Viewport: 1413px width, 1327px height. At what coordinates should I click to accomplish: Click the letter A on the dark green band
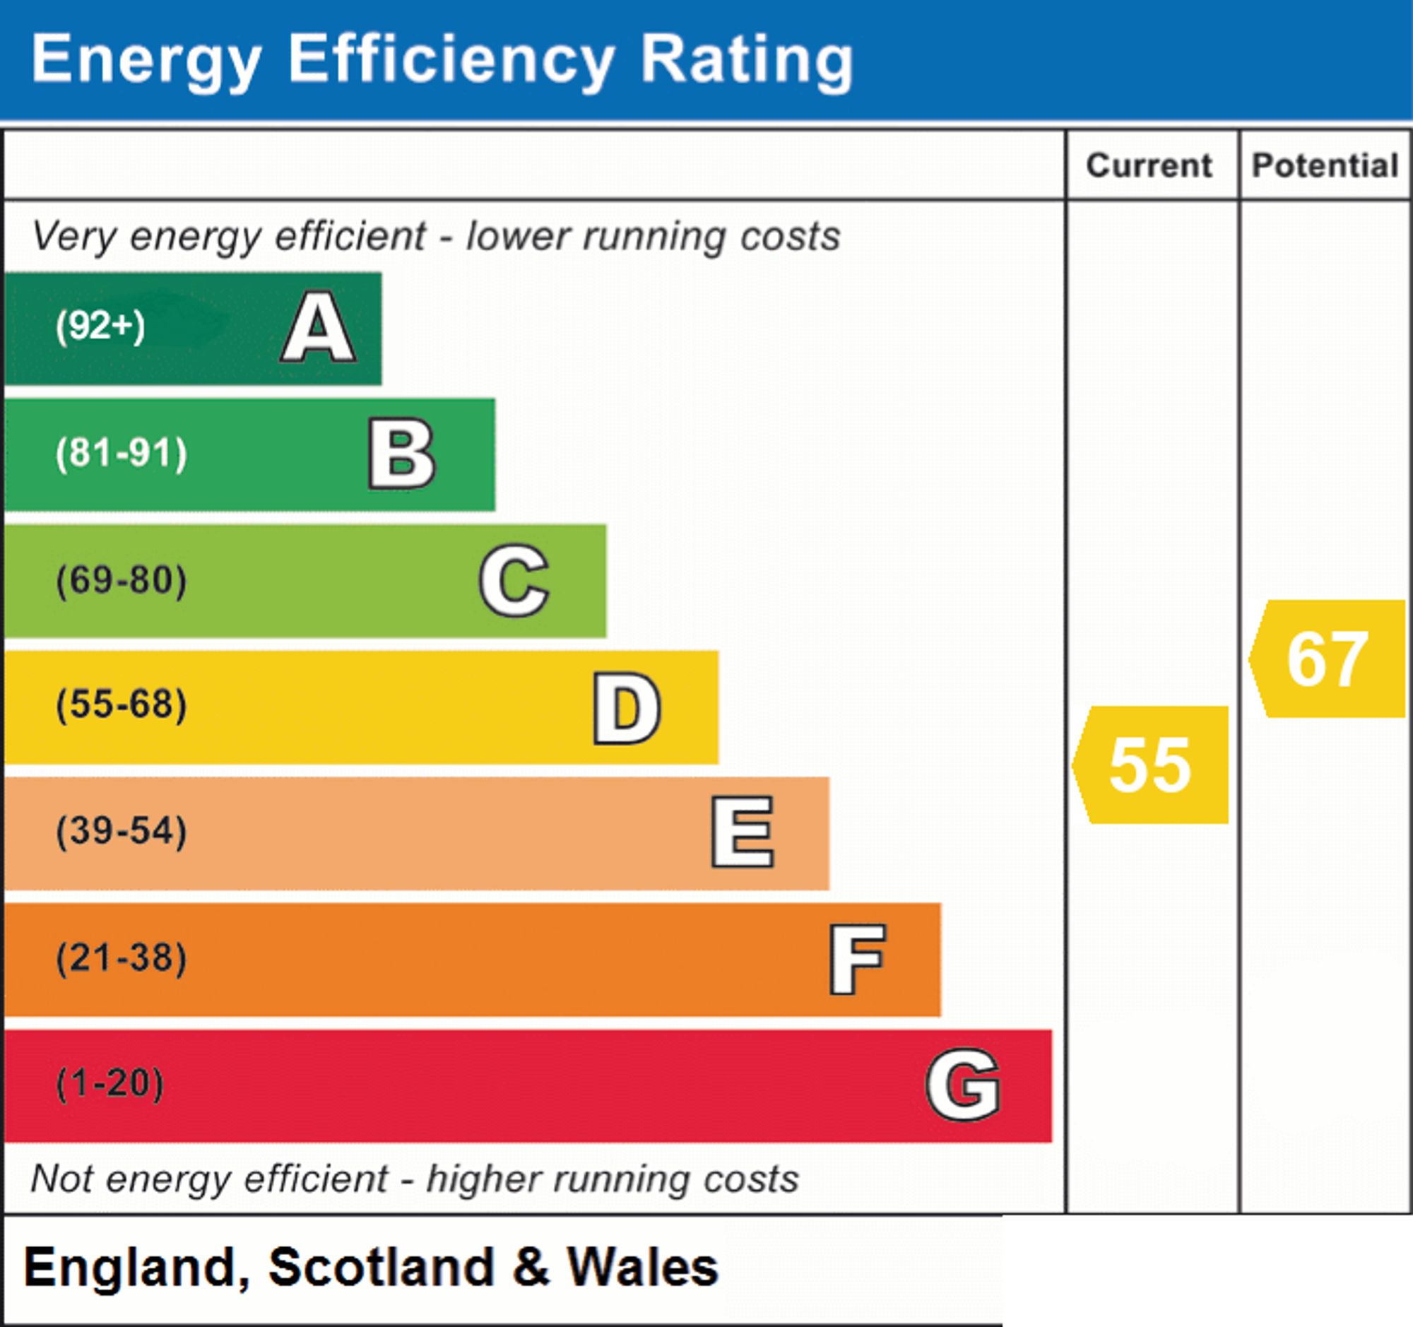tap(319, 327)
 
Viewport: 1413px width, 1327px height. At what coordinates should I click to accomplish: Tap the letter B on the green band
tap(401, 454)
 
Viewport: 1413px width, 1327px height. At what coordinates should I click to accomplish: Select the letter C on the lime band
tap(514, 580)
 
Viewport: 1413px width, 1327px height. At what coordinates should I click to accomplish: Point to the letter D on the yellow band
tap(627, 707)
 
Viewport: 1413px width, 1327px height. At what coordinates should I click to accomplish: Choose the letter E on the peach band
tap(742, 832)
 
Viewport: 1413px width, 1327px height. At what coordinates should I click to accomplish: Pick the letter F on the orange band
tap(857, 959)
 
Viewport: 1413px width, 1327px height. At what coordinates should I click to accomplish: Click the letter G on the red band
tap(963, 1085)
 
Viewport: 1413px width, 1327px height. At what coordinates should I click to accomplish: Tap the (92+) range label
tap(100, 326)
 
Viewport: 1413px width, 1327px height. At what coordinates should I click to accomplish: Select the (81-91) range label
tap(122, 454)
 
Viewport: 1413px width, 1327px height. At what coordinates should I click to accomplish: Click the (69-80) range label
tap(122, 580)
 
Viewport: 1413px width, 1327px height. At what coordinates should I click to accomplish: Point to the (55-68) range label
tap(122, 705)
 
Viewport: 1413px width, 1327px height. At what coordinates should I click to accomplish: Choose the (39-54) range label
tap(122, 831)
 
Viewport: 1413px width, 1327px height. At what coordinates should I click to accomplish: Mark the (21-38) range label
tap(122, 957)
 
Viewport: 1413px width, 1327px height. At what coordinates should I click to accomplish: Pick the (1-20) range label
tap(110, 1084)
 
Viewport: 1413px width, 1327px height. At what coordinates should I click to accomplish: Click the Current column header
tap(1149, 165)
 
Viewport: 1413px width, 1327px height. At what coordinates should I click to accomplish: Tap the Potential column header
tap(1325, 165)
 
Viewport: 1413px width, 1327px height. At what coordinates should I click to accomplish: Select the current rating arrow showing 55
tap(1150, 765)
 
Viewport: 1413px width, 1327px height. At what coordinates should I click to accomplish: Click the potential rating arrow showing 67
tap(1327, 659)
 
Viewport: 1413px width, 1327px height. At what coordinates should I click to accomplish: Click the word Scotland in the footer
tap(381, 1268)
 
